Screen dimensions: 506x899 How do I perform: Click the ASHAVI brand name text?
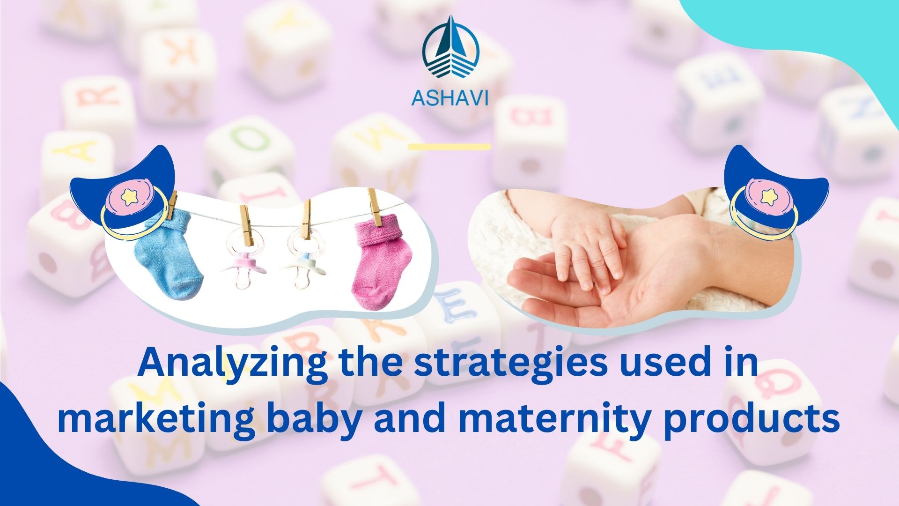pyautogui.click(x=449, y=97)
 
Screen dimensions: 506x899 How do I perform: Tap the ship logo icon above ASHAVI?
pyautogui.click(x=450, y=49)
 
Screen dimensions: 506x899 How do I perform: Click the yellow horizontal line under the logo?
pyautogui.click(x=449, y=147)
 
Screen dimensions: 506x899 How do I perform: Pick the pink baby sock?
pyautogui.click(x=382, y=262)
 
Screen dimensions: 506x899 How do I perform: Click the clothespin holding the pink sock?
pyautogui.click(x=375, y=206)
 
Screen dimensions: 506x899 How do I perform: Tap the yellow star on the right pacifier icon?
pyautogui.click(x=768, y=197)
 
